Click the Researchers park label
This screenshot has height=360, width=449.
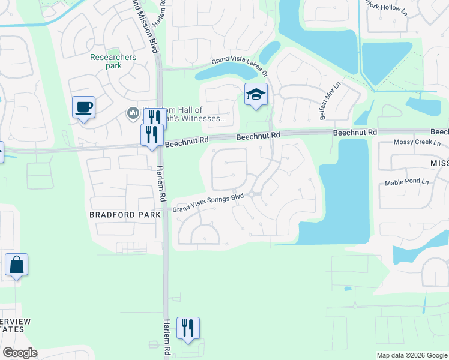[113, 61]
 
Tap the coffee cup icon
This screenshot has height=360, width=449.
[83, 107]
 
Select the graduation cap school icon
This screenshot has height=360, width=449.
[256, 94]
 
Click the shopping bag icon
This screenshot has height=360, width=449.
[16, 265]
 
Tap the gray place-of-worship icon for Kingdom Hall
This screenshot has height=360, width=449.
[133, 112]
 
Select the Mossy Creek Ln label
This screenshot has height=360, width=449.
[417, 143]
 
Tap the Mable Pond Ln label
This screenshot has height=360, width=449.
[409, 182]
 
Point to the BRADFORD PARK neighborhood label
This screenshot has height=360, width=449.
[125, 214]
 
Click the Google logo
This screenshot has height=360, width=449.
[20, 352]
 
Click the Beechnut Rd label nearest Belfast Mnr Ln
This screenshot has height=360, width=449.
[355, 132]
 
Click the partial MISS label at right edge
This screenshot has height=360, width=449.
[439, 163]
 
